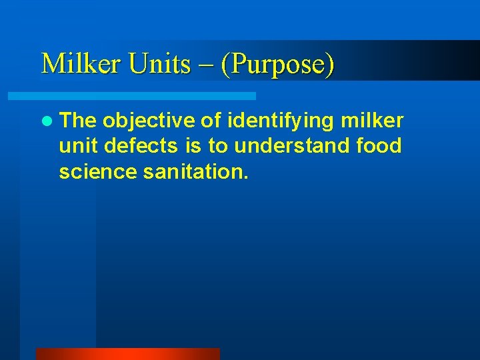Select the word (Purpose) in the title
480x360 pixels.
click(x=279, y=64)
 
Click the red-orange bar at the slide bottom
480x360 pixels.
click(x=127, y=354)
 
